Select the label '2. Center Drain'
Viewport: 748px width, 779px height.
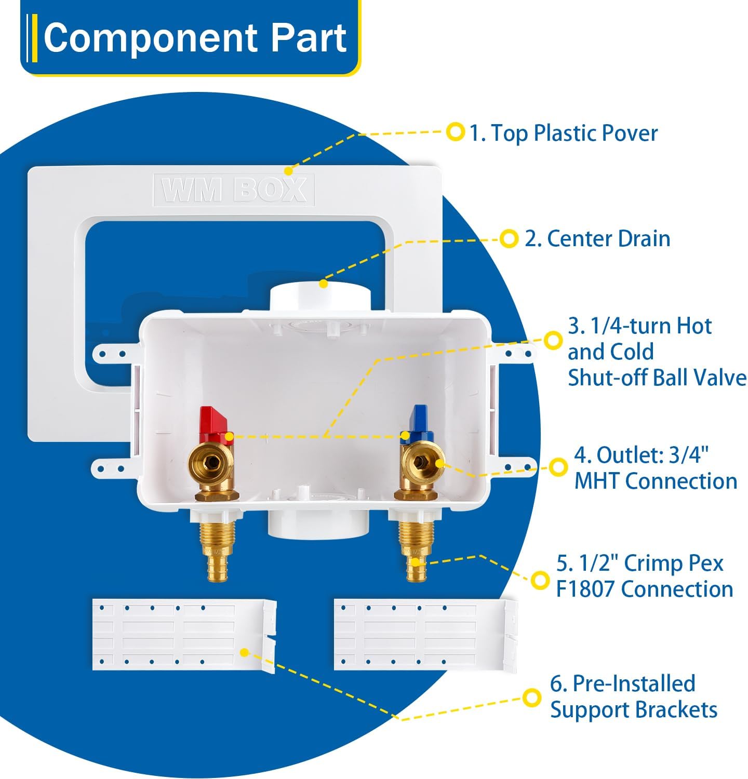597,239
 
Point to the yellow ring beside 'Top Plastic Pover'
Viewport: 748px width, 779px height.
456,132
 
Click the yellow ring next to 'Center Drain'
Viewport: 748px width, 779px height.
509,239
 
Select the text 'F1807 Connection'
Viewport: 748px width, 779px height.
644,589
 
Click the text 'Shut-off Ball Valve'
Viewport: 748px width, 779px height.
657,378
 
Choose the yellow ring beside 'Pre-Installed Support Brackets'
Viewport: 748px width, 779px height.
531,697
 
